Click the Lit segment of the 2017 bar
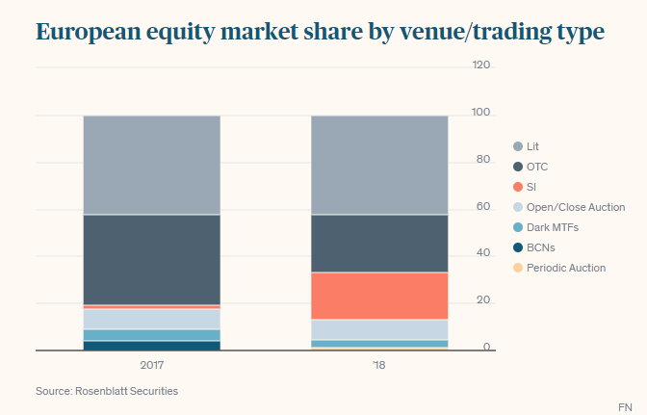pyautogui.click(x=151, y=165)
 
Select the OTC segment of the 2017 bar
pyautogui.click(x=151, y=259)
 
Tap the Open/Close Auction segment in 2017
pyautogui.click(x=151, y=319)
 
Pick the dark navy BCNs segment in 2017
pyautogui.click(x=151, y=346)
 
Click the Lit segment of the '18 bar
pyautogui.click(x=379, y=165)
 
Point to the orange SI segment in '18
pyautogui.click(x=379, y=296)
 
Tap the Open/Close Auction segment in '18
pyautogui.click(x=379, y=329)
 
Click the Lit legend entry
pyautogui.click(x=532, y=146)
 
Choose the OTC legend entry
pyautogui.click(x=536, y=167)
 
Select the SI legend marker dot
pyautogui.click(x=518, y=187)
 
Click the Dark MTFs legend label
pyautogui.click(x=552, y=227)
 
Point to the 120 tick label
pyautogui.click(x=481, y=65)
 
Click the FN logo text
pyautogui.click(x=625, y=406)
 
